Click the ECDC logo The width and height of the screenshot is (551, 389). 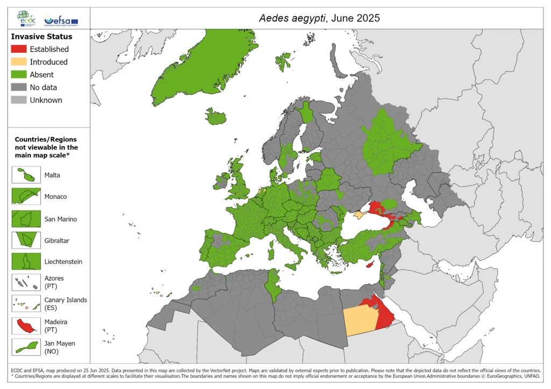[x=27, y=18]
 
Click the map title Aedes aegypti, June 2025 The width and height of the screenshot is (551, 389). [x=319, y=18]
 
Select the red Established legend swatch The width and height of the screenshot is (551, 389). [x=18, y=49]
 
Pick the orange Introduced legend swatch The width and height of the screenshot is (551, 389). [x=18, y=62]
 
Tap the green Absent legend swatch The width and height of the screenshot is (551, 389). [x=18, y=75]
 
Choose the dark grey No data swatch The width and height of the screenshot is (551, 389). [x=18, y=87]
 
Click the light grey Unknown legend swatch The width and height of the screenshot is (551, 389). [x=18, y=100]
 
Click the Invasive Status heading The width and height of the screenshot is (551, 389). [x=41, y=37]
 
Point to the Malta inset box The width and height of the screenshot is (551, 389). [x=26, y=175]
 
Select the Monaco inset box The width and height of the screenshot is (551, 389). [x=26, y=196]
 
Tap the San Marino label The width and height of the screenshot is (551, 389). [x=61, y=219]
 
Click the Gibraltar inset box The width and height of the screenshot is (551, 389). [x=26, y=240]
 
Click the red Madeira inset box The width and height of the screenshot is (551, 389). [x=26, y=326]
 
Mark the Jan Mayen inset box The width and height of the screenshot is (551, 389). [x=26, y=347]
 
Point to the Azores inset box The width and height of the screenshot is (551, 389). [x=26, y=282]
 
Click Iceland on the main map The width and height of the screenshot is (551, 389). [x=216, y=117]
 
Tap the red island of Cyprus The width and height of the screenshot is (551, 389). [x=370, y=265]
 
